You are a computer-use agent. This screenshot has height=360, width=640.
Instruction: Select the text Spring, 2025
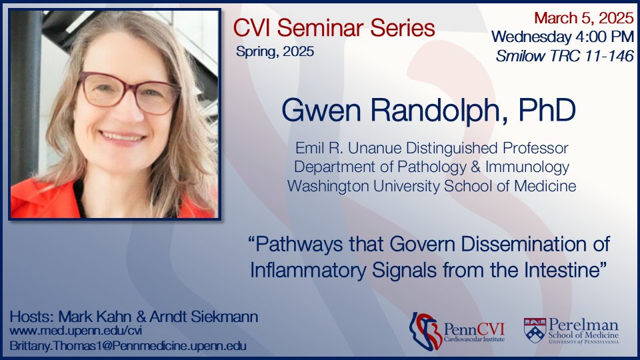tap(275, 51)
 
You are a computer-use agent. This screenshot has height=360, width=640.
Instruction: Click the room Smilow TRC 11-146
tap(564, 56)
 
